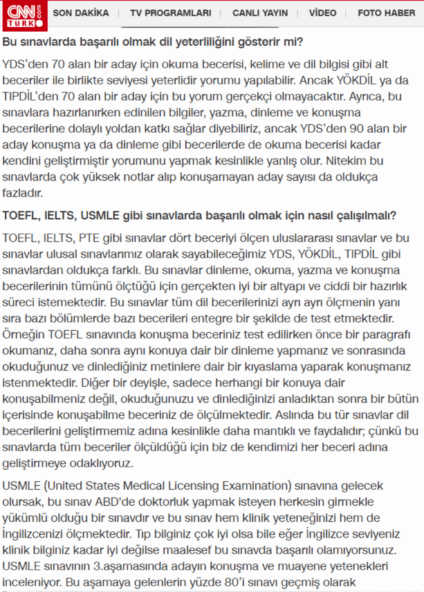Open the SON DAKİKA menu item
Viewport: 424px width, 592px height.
pos(82,13)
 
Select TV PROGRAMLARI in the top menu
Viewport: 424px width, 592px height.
pos(170,13)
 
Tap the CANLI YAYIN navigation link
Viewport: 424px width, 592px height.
pos(260,13)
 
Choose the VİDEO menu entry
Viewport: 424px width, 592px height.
pos(322,13)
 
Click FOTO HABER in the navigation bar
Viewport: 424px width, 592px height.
pos(386,13)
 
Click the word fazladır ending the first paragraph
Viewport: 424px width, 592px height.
pos(24,192)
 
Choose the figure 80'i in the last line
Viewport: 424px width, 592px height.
pos(233,579)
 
